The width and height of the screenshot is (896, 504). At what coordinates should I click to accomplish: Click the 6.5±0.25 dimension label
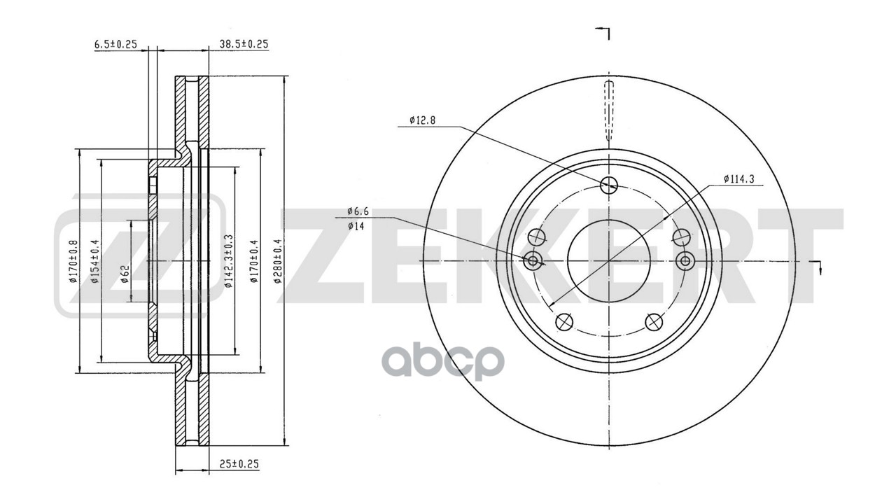coord(115,43)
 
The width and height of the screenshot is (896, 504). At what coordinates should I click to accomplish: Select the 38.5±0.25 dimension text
coord(244,43)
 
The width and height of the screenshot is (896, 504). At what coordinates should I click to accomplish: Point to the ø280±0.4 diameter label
coord(277,260)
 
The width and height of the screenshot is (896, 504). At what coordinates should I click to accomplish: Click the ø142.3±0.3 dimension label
coord(229,260)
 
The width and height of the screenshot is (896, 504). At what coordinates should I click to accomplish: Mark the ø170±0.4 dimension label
coord(255,260)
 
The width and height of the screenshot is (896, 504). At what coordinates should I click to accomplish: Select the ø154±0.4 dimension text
coord(94,260)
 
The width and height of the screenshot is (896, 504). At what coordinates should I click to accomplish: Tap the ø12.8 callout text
coord(422,120)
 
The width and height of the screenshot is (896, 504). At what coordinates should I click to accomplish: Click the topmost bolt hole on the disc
coord(609,184)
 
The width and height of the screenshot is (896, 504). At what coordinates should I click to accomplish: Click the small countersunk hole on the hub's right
coord(685,261)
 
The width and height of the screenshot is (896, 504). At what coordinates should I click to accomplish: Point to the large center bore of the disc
coord(609,261)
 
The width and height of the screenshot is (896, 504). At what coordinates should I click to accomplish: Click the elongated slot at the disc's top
coord(608,110)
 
